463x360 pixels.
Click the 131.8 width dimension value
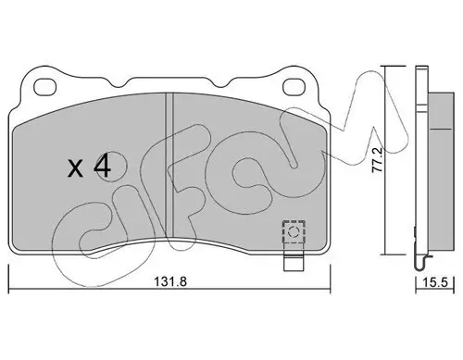click(170, 281)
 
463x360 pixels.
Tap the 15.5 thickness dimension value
click(435, 282)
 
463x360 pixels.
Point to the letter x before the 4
click(76, 169)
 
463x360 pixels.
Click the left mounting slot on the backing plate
click(45, 86)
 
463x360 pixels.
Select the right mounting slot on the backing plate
click(294, 86)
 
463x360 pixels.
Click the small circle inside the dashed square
click(294, 231)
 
